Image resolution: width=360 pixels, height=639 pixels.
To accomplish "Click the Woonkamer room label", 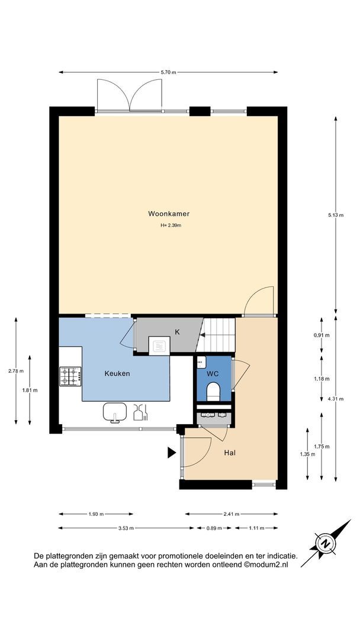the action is (168, 214).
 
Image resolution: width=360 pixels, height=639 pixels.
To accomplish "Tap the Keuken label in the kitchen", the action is (117, 373).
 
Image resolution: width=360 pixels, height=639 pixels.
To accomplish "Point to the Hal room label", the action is (230, 453).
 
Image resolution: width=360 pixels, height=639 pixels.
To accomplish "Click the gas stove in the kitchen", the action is (70, 376).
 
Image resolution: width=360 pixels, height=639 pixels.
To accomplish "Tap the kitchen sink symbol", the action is (114, 412).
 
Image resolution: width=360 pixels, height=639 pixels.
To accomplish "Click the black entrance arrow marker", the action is (172, 453).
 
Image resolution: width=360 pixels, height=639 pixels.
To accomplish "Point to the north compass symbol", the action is (326, 543).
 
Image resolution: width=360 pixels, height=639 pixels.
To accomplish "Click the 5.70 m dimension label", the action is (168, 73).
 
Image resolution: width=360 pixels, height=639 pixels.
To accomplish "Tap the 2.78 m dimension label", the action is (16, 371).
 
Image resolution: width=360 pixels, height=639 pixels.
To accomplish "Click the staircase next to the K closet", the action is (216, 334).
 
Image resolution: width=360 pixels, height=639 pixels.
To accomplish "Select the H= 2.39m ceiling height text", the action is (171, 225).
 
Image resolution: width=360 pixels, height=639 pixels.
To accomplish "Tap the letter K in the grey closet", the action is (177, 332).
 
